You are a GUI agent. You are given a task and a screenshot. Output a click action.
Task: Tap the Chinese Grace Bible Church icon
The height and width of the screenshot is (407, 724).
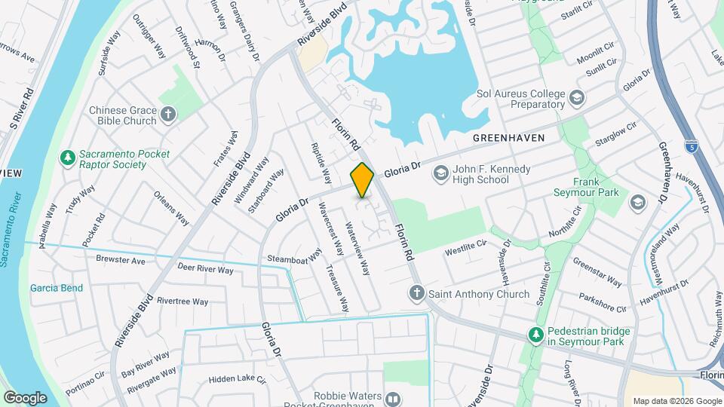pyautogui.click(x=167, y=115)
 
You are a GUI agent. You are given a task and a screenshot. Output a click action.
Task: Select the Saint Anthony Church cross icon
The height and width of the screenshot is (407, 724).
pyautogui.click(x=416, y=292)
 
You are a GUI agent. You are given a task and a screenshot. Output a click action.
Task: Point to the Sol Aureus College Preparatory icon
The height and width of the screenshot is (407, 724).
pyautogui.click(x=577, y=98)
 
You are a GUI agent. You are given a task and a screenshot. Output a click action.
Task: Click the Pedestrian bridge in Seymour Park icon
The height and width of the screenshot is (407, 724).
pyautogui.click(x=535, y=333)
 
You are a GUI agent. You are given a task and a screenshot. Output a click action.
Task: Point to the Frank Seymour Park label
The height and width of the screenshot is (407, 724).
pyautogui.click(x=596, y=187)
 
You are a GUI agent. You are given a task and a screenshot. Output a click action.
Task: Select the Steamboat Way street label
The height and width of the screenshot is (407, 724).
pyautogui.click(x=294, y=259)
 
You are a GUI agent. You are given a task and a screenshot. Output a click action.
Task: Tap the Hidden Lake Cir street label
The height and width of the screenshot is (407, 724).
pyautogui.click(x=238, y=380)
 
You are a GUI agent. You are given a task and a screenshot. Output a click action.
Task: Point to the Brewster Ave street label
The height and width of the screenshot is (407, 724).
pyautogui.click(x=120, y=260)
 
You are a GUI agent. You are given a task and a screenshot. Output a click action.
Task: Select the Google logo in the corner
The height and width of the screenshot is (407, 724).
pyautogui.click(x=25, y=397)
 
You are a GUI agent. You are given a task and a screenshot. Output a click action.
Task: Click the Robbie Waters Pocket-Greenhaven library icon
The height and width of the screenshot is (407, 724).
pyautogui.click(x=392, y=399)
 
